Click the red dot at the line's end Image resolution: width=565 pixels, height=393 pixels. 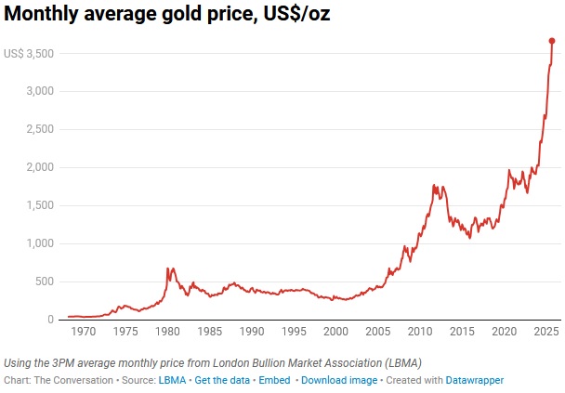(x=552, y=41)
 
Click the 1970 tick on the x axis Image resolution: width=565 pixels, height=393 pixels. (x=84, y=332)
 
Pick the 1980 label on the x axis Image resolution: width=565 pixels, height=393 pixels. (x=167, y=332)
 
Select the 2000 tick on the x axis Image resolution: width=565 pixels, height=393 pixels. (x=335, y=332)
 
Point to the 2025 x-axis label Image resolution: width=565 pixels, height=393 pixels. (x=545, y=332)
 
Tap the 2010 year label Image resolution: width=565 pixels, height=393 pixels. (x=420, y=332)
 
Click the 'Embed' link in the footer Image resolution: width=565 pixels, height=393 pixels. (x=273, y=380)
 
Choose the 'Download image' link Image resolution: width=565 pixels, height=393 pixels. (x=340, y=380)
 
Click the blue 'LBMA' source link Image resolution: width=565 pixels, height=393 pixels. (x=171, y=380)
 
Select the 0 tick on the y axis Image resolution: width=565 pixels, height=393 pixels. (x=50, y=320)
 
